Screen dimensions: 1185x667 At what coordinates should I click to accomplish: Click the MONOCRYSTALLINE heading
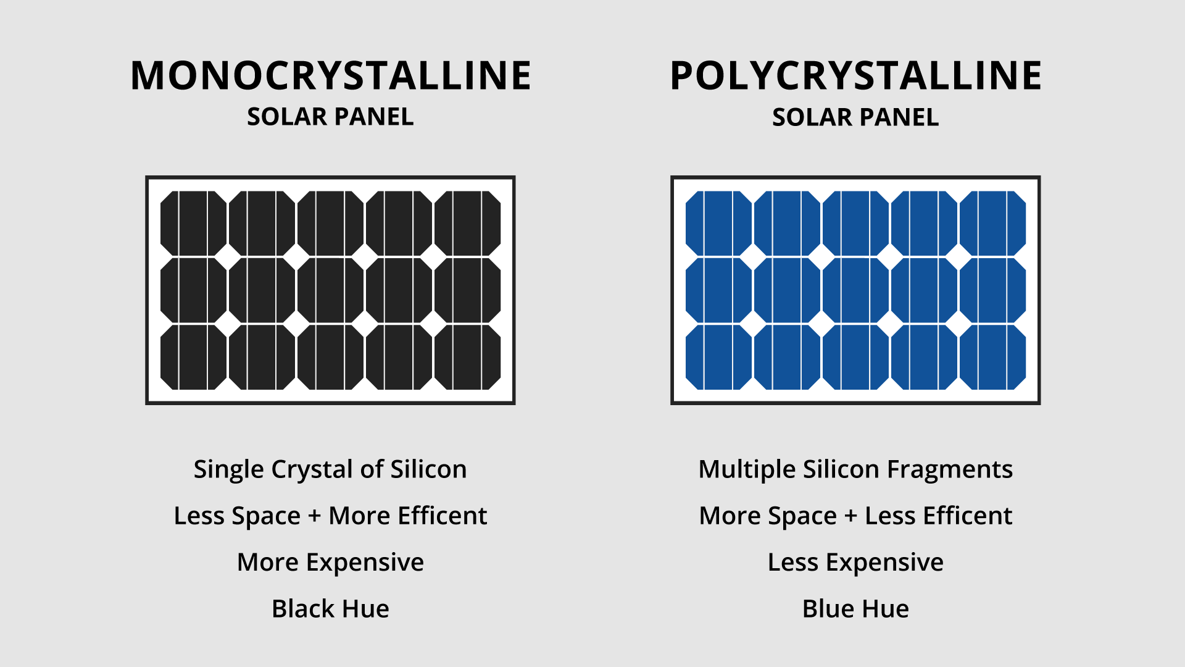tap(330, 76)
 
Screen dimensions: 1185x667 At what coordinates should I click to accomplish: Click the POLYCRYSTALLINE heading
tap(855, 76)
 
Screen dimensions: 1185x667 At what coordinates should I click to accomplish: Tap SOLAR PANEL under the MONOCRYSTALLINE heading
tap(330, 117)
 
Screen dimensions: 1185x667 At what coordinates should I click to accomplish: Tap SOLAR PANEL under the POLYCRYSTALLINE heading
tap(855, 117)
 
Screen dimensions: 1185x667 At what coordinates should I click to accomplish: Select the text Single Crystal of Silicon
tap(330, 469)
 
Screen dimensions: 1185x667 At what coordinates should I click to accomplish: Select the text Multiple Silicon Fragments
tap(855, 469)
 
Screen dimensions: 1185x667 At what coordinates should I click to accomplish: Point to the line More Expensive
tap(330, 563)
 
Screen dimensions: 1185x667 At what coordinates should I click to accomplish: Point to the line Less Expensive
tap(855, 563)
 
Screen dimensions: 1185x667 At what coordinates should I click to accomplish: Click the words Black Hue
tap(330, 609)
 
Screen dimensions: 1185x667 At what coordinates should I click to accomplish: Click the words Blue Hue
tap(855, 609)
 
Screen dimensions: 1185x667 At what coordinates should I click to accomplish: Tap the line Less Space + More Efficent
tap(330, 516)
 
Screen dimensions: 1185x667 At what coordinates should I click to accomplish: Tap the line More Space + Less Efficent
tap(855, 516)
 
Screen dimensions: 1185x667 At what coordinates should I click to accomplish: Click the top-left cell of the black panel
tap(194, 224)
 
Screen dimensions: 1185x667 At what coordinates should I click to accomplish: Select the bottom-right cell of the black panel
tap(467, 357)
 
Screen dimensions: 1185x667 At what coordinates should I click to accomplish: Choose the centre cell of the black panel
tap(330, 290)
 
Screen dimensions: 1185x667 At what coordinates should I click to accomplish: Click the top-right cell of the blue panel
tap(992, 224)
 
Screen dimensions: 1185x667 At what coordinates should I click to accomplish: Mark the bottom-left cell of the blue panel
tap(719, 357)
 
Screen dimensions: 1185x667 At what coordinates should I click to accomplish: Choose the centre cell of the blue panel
tap(855, 290)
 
